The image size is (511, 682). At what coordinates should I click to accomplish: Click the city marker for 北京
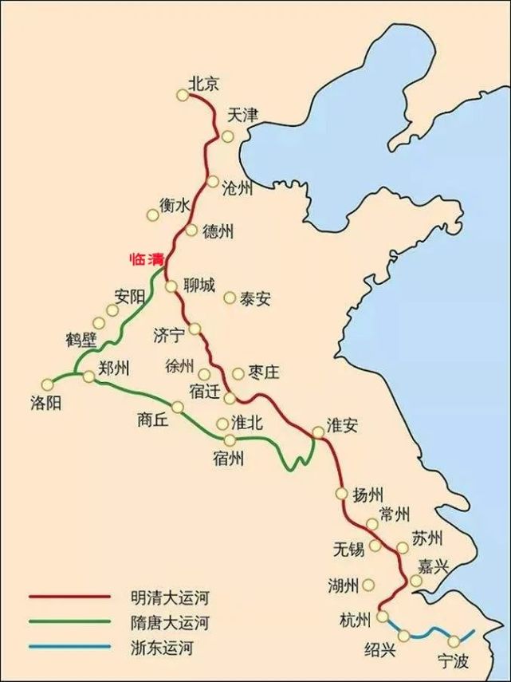pos(183,96)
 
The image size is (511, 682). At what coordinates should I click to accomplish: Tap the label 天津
pos(243,115)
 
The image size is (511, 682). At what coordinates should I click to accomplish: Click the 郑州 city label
pos(114,369)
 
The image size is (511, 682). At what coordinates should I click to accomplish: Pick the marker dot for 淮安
pos(317,432)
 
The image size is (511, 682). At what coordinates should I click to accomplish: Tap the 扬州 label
pos(369,495)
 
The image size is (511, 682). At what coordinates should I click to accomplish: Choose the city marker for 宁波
pos(454,641)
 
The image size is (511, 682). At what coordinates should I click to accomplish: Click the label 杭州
pos(354,621)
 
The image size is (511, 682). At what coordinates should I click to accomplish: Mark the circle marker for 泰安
pos(230,298)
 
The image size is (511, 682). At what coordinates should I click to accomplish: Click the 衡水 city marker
pos(153,215)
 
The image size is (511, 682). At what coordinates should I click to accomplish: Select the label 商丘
pos(153,421)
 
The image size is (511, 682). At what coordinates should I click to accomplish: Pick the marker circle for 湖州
pos(368,585)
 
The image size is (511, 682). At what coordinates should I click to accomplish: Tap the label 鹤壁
pos(81,340)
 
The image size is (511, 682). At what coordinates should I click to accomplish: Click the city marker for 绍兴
pos(405,635)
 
